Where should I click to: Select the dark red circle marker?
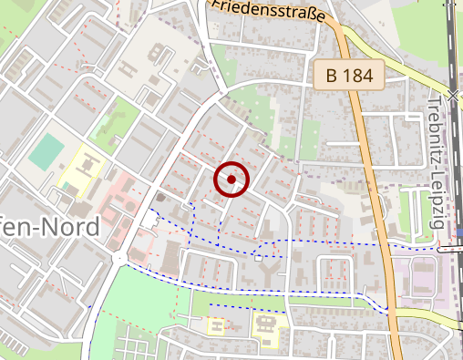[232, 180]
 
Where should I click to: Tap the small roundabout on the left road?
[119, 258]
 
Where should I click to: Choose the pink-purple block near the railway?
[419, 278]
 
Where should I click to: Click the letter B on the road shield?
[334, 76]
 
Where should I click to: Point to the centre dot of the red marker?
[232, 180]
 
